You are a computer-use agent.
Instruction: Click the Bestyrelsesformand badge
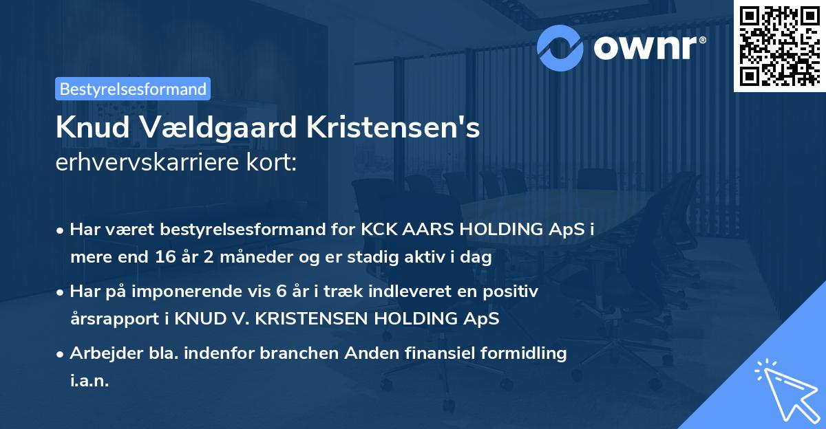click(x=132, y=89)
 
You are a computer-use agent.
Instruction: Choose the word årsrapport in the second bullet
click(x=109, y=319)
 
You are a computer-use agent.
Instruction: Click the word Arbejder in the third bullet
click(x=101, y=353)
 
